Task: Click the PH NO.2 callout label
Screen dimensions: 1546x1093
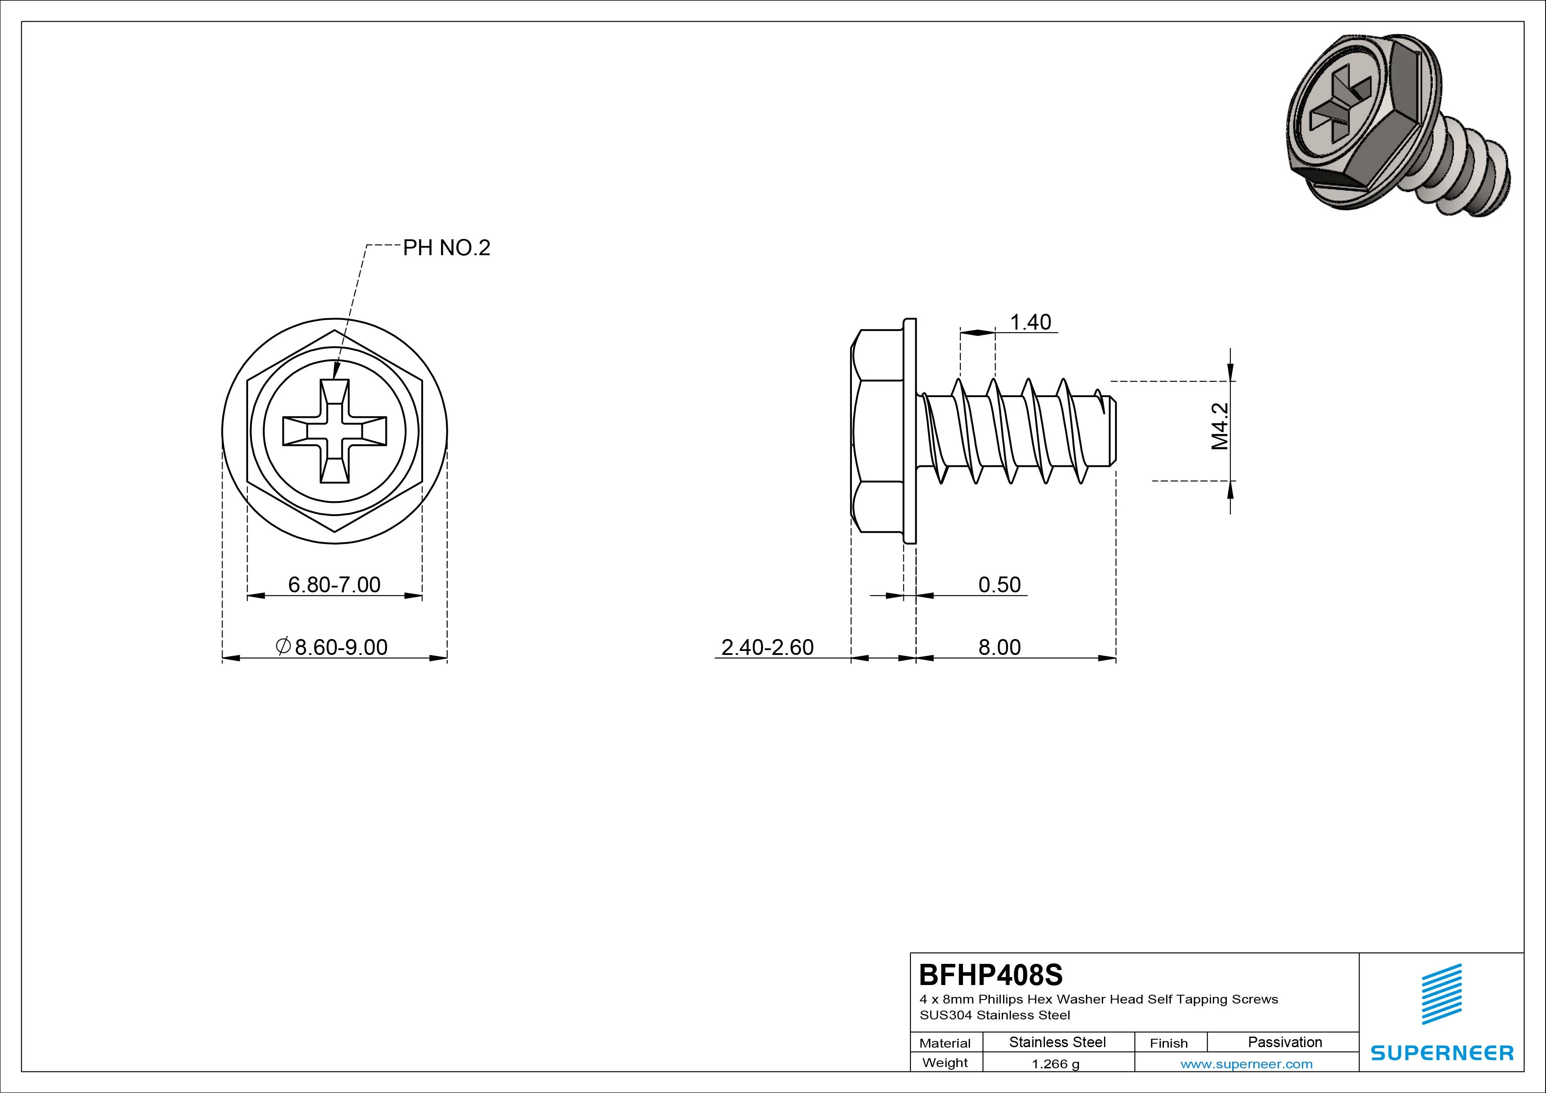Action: point(446,248)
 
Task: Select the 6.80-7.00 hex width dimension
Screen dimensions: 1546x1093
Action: point(334,584)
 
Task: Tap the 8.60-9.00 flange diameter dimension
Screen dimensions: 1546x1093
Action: point(331,647)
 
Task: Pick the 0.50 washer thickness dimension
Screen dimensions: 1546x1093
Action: point(999,584)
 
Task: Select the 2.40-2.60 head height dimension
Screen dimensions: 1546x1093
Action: point(767,647)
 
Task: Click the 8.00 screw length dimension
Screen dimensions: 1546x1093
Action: point(999,647)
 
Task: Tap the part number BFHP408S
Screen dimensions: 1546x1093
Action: point(991,974)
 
